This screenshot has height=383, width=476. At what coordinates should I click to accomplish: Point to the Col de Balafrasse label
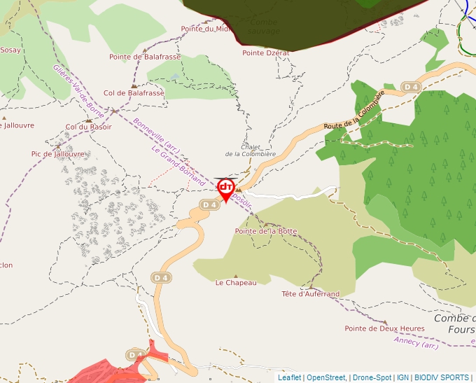(134, 92)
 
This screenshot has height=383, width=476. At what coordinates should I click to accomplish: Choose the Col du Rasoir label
(88, 127)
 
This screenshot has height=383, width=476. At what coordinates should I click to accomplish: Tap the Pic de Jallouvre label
(57, 154)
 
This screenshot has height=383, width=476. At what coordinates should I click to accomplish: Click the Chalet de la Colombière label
(250, 150)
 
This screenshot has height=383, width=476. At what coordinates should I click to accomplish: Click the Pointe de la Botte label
(266, 231)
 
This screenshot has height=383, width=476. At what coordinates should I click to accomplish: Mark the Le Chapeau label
(236, 283)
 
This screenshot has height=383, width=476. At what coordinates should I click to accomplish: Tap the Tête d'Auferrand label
(310, 294)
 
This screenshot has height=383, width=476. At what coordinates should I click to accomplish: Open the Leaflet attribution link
(289, 377)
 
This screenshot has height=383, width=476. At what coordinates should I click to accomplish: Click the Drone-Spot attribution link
(371, 377)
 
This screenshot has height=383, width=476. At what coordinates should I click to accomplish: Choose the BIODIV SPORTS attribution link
(441, 377)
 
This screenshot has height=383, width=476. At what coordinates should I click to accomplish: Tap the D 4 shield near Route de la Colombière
(411, 87)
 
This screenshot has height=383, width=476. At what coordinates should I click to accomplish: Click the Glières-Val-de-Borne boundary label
(78, 91)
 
